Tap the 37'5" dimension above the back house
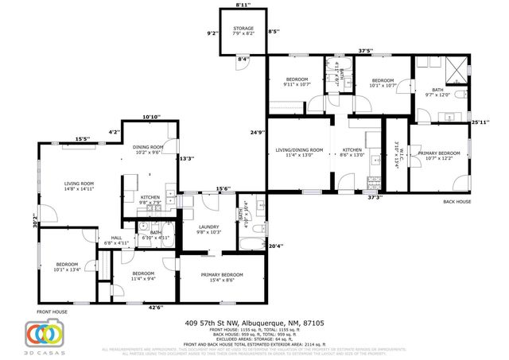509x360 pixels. point(365,51)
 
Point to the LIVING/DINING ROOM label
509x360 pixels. point(299,153)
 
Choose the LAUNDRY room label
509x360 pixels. point(208,229)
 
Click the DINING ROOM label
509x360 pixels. point(148,149)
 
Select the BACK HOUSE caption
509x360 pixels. point(457,202)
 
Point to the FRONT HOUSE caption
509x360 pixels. point(52,312)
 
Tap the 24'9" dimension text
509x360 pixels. point(255,132)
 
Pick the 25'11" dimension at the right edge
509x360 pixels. point(480,122)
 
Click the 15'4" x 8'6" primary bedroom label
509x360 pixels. point(217,277)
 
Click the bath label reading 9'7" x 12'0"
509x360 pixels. point(437,92)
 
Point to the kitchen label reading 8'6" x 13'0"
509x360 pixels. point(352,153)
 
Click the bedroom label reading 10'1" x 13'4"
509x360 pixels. point(67,266)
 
